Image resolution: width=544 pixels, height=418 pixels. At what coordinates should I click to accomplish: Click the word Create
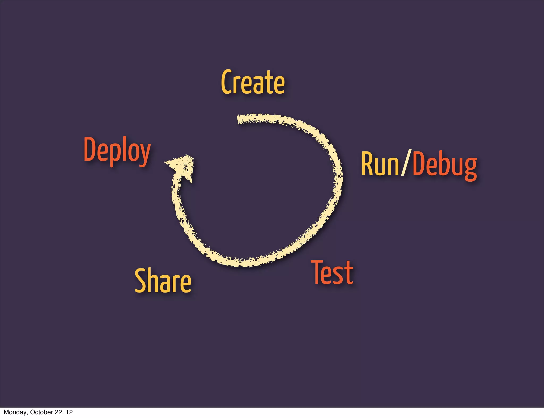(253, 82)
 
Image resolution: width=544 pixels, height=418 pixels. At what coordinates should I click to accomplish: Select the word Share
(163, 281)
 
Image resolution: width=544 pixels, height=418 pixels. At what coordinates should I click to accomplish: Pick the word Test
(332, 272)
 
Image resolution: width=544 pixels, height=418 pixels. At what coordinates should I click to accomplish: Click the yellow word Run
(380, 164)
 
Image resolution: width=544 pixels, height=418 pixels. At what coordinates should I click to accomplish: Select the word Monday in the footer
(15, 412)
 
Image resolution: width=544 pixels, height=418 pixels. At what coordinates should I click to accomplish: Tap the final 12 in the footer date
(69, 412)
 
